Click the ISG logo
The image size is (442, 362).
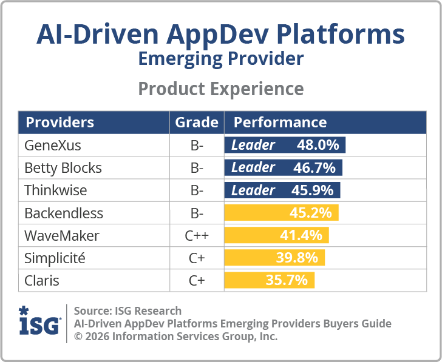pyautogui.click(x=39, y=322)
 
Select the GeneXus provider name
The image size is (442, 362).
pyautogui.click(x=52, y=146)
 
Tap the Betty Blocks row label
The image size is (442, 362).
pyautogui.click(x=63, y=168)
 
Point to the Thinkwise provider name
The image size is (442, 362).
pyautogui.click(x=55, y=190)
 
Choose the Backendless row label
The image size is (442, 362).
pyautogui.click(x=64, y=213)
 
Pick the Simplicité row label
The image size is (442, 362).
pyautogui.click(x=55, y=258)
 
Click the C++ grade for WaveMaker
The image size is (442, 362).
pyautogui.click(x=196, y=235)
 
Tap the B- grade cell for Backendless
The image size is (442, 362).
pyautogui.click(x=196, y=213)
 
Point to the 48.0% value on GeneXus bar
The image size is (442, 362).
pyautogui.click(x=318, y=146)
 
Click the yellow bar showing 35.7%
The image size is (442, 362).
pyautogui.click(x=270, y=280)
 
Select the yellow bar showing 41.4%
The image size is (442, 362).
pyautogui.click(x=277, y=235)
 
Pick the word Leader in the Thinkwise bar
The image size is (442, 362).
pyautogui.click(x=253, y=190)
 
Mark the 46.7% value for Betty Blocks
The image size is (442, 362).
pyautogui.click(x=316, y=168)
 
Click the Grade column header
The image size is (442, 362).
pyautogui.click(x=197, y=122)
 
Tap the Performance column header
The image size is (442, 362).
pyautogui.click(x=280, y=122)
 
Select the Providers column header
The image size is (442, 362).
pyautogui.click(x=59, y=122)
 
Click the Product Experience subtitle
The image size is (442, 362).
pyautogui.click(x=221, y=89)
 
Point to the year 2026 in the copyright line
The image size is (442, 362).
pyautogui.click(x=97, y=337)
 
